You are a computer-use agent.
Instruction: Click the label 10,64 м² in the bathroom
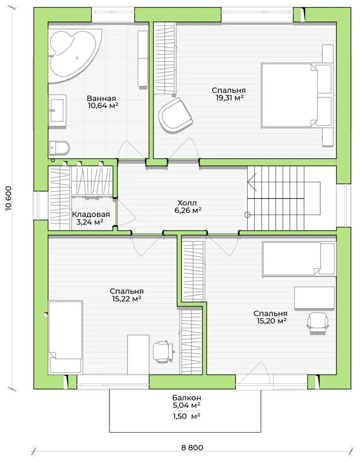point(103,106)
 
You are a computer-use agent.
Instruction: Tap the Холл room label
point(187,203)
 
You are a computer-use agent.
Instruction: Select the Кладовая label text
point(91,215)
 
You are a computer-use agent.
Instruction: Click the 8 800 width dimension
point(192,447)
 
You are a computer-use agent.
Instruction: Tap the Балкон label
point(187,398)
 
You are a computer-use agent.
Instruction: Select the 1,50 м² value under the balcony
point(186,416)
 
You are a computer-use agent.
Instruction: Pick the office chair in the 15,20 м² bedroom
point(318,323)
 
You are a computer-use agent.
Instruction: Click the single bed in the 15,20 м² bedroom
point(299,259)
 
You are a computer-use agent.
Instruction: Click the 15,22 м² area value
point(126,299)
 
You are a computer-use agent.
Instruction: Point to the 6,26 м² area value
point(188,210)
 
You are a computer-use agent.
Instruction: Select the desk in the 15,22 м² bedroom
point(138,355)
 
